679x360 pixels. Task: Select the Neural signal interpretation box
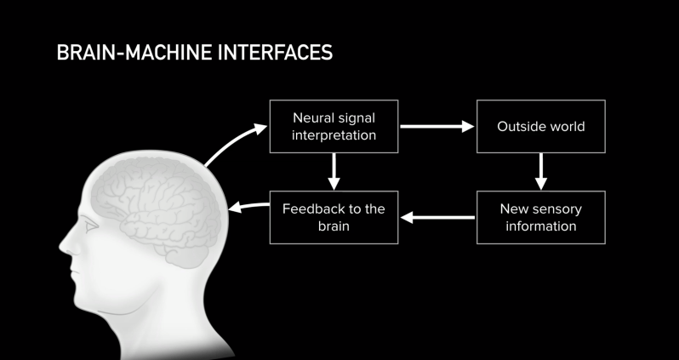pyautogui.click(x=334, y=126)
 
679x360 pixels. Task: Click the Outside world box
pyautogui.click(x=540, y=127)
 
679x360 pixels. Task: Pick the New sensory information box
pyautogui.click(x=540, y=218)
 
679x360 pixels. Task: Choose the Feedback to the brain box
pyautogui.click(x=334, y=218)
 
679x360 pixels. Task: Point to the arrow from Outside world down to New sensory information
pyautogui.click(x=540, y=172)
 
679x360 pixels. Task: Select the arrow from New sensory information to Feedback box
pyautogui.click(x=436, y=218)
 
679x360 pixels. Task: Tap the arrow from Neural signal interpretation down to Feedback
pyautogui.click(x=334, y=172)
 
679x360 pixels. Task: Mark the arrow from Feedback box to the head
pyautogui.click(x=248, y=207)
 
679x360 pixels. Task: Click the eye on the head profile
pyautogui.click(x=88, y=228)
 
